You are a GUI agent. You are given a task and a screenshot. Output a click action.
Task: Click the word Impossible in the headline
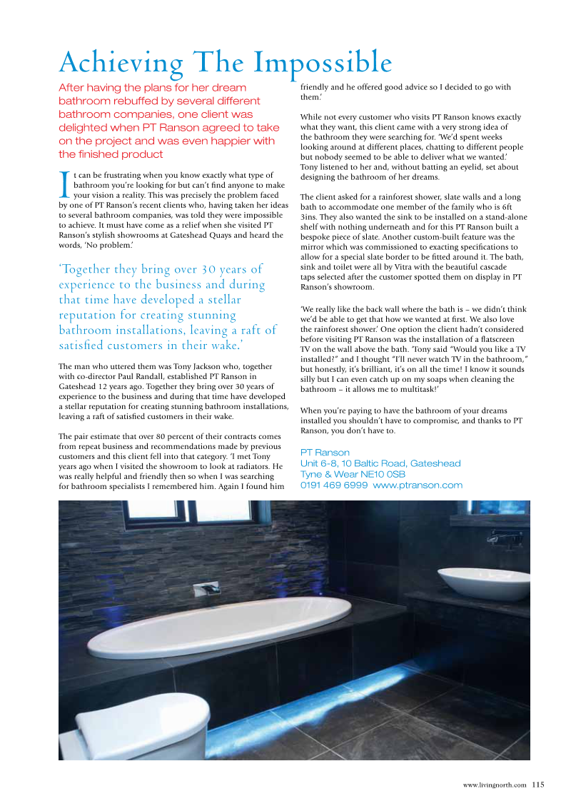click(326, 63)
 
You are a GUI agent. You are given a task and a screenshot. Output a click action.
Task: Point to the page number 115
click(537, 785)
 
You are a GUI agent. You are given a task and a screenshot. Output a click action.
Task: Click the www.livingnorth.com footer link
click(495, 785)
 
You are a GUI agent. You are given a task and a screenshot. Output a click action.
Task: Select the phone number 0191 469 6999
click(334, 485)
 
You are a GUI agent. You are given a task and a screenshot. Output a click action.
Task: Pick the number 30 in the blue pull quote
click(208, 269)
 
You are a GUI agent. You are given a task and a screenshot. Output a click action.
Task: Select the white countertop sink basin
click(479, 582)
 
